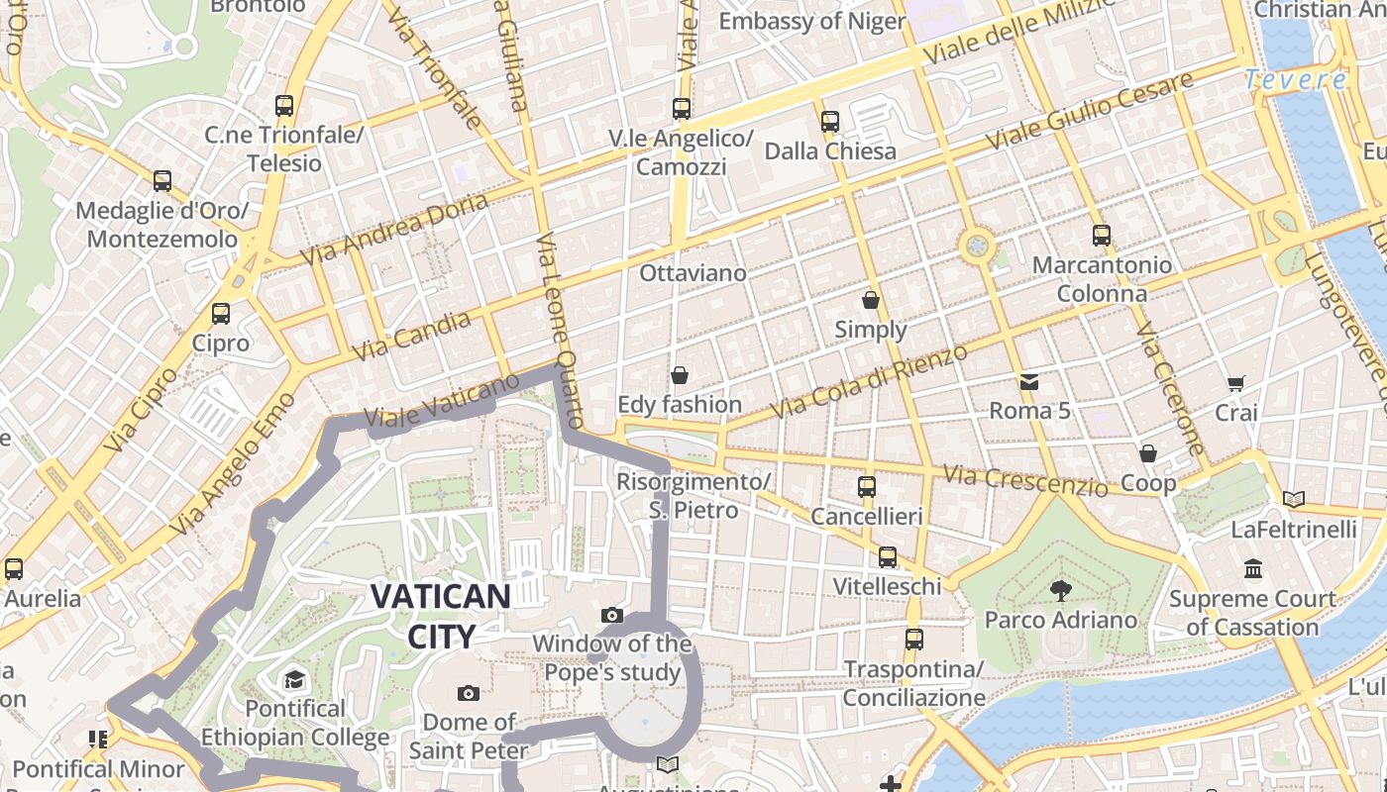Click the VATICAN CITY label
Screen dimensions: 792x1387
coord(440,615)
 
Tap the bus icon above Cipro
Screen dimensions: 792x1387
coord(221,314)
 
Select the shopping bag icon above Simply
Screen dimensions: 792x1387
coord(871,299)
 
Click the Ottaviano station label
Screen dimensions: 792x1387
coord(693,271)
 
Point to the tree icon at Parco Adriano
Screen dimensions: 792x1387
coord(1061,591)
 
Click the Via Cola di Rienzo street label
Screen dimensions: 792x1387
coord(869,382)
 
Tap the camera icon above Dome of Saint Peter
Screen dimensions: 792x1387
coord(469,693)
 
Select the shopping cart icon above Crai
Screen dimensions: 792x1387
coord(1235,383)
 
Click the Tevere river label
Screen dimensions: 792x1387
coord(1295,80)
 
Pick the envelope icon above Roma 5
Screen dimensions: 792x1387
coord(1029,381)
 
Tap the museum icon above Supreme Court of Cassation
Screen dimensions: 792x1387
coord(1253,569)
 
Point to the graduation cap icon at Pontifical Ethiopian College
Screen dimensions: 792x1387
coord(294,680)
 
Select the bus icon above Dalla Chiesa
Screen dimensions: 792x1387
coord(830,122)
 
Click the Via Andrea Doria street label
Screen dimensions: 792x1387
coord(394,229)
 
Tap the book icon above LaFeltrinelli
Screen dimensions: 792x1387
coord(1293,500)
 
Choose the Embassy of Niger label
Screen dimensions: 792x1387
coord(811,21)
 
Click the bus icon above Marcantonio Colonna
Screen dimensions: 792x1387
coord(1102,236)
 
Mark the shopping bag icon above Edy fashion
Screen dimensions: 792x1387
coord(680,375)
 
